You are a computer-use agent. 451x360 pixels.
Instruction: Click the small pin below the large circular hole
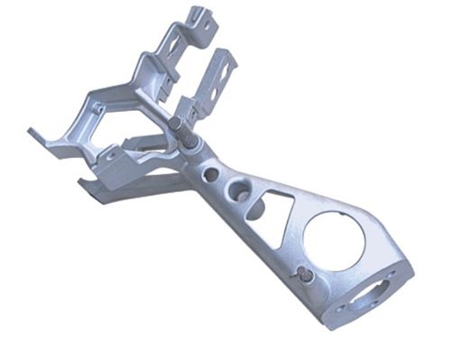click(308, 275)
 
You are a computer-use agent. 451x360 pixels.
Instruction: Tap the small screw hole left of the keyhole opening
click(341, 308)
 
